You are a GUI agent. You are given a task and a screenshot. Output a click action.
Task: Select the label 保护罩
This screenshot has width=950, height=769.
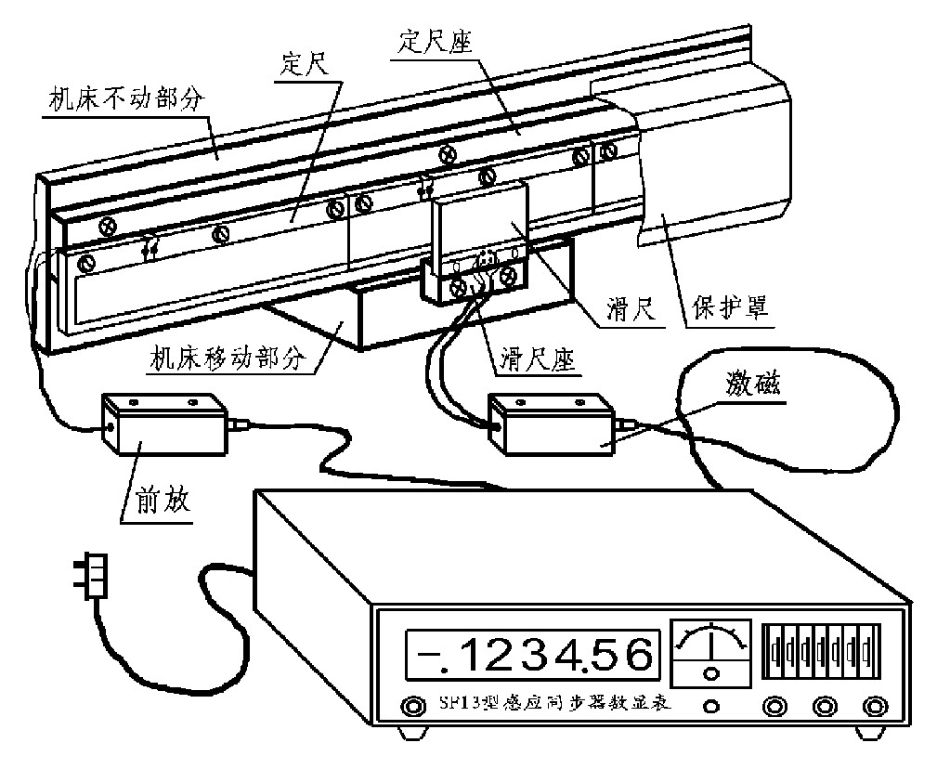click(732, 309)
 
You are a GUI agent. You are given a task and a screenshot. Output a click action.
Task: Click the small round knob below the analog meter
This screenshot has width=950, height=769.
click(711, 706)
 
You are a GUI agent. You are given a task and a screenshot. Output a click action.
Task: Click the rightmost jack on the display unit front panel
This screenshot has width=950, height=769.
click(872, 707)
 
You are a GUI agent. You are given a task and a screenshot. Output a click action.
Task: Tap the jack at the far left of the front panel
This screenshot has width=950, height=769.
click(408, 707)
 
